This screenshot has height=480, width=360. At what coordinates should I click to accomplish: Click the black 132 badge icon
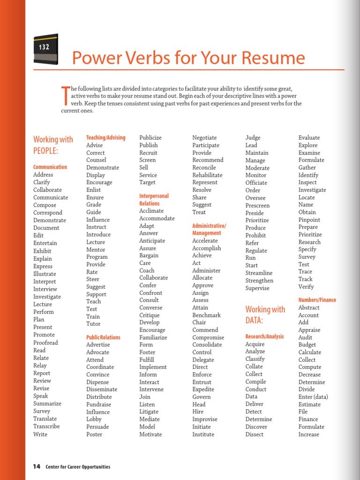pos(46,49)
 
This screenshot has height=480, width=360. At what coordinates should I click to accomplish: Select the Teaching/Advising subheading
pos(106,137)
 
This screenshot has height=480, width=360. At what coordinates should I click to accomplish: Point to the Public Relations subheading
pos(103,337)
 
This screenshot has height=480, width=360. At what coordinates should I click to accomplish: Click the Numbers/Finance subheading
pos(317,300)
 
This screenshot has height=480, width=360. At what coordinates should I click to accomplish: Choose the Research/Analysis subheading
pos(264,337)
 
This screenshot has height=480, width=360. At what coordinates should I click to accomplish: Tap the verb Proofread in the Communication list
pos(45,343)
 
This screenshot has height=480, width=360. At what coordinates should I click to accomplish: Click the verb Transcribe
pos(46,426)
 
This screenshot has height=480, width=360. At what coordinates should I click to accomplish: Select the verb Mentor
pos(96,249)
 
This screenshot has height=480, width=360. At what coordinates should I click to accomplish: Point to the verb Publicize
pos(150,137)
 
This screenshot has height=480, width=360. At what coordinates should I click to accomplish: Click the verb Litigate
pos(150,412)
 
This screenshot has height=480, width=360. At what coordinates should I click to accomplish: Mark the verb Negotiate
pos(204,137)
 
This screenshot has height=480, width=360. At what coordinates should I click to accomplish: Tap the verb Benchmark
pos(207,315)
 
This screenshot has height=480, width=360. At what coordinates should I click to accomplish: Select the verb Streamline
pos(259,273)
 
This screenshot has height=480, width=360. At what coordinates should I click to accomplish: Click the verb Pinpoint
pos(309,219)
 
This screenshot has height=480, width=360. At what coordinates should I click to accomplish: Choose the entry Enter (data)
pos(313,397)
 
